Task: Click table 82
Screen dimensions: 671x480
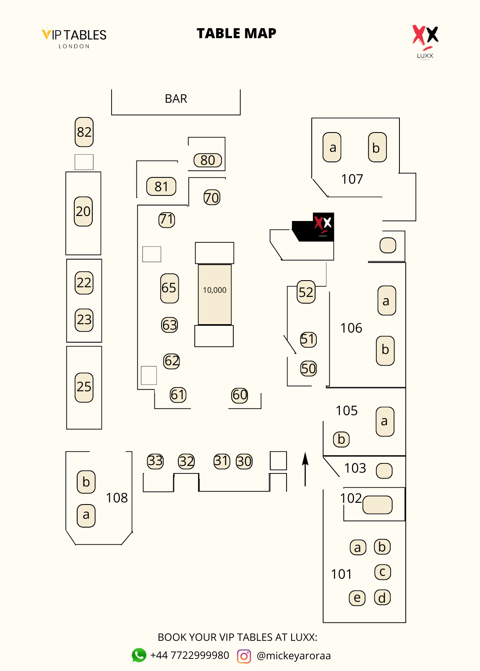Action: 84,132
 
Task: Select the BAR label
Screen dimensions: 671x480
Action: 176,99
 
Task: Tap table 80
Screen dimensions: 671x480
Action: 208,160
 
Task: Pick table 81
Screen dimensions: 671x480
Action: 161,187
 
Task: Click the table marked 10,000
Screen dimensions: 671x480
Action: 214,294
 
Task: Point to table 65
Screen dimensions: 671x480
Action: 169,288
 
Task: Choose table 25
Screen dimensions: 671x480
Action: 84,387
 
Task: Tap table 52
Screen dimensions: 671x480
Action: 306,292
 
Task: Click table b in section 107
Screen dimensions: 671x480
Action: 377,148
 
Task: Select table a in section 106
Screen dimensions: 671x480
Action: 386,301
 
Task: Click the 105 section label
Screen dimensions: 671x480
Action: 347,411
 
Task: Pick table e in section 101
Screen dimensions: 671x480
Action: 357,598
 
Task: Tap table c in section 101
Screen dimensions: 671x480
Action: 382,572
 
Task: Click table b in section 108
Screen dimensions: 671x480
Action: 86,482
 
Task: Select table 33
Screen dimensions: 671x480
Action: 155,461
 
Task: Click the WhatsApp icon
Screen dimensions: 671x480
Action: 139,655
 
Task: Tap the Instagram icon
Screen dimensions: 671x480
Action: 244,656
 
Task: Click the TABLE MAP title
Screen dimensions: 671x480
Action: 237,34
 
